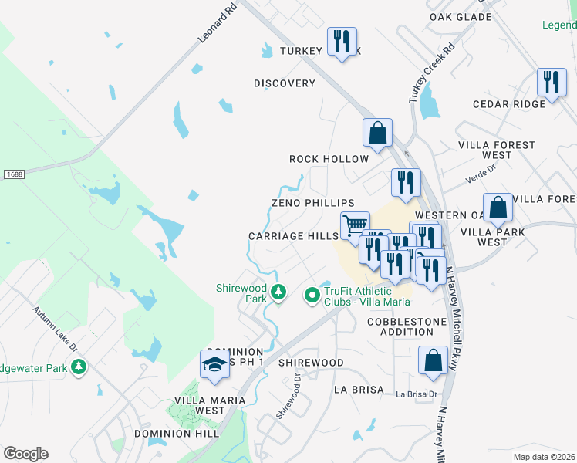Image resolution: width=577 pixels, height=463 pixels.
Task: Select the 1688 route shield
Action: pos(12,174)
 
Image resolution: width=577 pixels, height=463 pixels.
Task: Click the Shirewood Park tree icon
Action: pos(278,292)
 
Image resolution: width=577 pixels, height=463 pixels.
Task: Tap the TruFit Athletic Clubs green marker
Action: pos(312,295)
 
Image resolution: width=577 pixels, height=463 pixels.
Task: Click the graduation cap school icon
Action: pos(214,364)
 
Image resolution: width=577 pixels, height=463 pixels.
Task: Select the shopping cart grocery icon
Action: pos(354,225)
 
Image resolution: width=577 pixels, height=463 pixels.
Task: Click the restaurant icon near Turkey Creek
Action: pos(342,40)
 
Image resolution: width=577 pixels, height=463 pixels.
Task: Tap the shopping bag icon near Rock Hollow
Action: pos(377,132)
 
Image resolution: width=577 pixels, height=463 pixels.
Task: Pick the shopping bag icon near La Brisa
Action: pos(433,360)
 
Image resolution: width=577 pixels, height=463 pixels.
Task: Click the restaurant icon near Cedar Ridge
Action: pos(552,82)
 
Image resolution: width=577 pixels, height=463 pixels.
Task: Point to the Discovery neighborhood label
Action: pos(285,83)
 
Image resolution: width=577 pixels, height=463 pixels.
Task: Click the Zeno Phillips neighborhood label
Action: pos(312,202)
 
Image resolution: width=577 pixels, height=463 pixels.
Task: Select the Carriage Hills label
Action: pos(293,236)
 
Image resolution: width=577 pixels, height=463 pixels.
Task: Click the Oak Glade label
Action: pos(450,16)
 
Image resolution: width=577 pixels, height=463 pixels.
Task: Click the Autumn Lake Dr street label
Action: pos(55,331)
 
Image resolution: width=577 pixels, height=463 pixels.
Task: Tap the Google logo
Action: pos(25,453)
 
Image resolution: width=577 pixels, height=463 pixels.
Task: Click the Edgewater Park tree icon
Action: pos(78,368)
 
